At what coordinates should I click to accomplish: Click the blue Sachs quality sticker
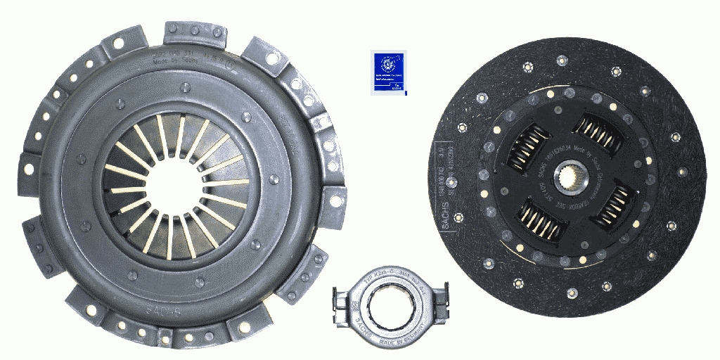click(387, 72)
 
